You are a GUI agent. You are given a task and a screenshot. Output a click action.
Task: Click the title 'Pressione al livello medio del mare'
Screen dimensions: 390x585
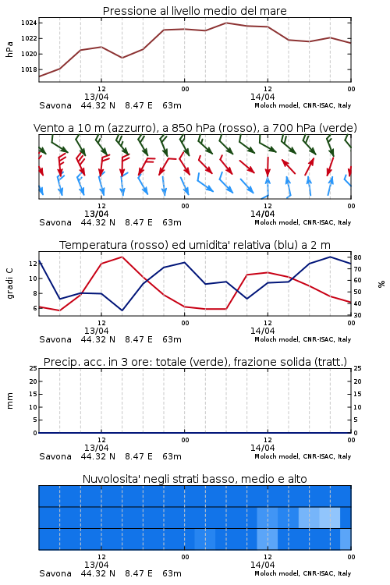[x=194, y=11]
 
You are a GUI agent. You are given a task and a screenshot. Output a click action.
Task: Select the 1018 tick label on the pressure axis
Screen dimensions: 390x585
[x=29, y=69]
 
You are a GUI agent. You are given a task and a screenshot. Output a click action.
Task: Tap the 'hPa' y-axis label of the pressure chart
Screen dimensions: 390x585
[x=9, y=49]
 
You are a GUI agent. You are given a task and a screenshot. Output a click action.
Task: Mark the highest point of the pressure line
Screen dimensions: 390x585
[x=225, y=23]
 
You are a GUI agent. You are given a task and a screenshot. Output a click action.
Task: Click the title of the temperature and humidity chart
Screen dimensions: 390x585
[x=195, y=245]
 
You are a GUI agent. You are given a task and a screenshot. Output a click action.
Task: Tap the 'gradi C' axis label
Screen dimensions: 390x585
[x=9, y=283]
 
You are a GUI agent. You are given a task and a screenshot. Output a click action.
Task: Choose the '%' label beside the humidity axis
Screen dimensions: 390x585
[x=381, y=284]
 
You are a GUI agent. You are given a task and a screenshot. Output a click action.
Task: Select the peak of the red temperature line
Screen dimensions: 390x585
[x=122, y=257]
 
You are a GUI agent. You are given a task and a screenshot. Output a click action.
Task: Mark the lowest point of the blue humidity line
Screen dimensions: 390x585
[x=122, y=310]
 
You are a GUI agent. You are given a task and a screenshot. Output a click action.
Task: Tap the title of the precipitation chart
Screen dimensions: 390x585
[x=195, y=362]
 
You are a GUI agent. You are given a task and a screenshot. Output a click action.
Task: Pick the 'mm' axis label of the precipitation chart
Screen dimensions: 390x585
[x=9, y=400]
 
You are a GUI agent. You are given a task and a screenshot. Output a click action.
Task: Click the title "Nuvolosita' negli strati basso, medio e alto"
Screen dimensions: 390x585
[x=194, y=479]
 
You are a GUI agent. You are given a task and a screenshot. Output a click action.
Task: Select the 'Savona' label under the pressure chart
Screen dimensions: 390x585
[x=55, y=105]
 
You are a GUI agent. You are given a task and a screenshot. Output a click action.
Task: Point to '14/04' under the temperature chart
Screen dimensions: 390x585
[x=262, y=331]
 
